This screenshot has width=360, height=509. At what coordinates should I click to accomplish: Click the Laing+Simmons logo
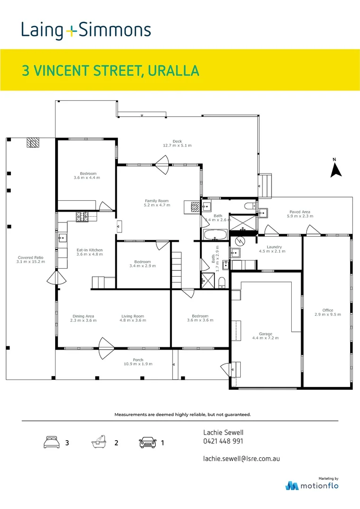click(x=86, y=31)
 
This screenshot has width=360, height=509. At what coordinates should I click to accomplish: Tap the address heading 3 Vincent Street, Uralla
click(x=111, y=71)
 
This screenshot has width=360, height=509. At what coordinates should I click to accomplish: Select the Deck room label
click(x=177, y=141)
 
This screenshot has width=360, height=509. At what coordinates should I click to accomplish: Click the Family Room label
click(x=156, y=201)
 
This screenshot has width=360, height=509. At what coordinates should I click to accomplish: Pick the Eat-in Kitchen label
click(x=90, y=250)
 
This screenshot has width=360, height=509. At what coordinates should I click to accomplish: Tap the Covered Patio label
click(x=31, y=258)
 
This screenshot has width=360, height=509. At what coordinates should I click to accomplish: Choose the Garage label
click(x=265, y=334)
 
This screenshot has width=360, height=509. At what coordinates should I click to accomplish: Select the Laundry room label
click(x=274, y=247)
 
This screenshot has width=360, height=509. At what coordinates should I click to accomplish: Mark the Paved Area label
click(x=300, y=212)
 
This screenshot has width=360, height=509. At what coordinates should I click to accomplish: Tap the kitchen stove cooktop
click(x=82, y=216)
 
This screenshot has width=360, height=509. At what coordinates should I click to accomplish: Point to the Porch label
click(x=138, y=360)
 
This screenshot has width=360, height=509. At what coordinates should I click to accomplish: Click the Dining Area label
click(x=83, y=317)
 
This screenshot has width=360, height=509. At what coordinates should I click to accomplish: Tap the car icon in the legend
click(x=147, y=443)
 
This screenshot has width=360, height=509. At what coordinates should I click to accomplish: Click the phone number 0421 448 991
click(x=223, y=442)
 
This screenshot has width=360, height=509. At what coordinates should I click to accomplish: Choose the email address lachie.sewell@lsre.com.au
click(x=241, y=458)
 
